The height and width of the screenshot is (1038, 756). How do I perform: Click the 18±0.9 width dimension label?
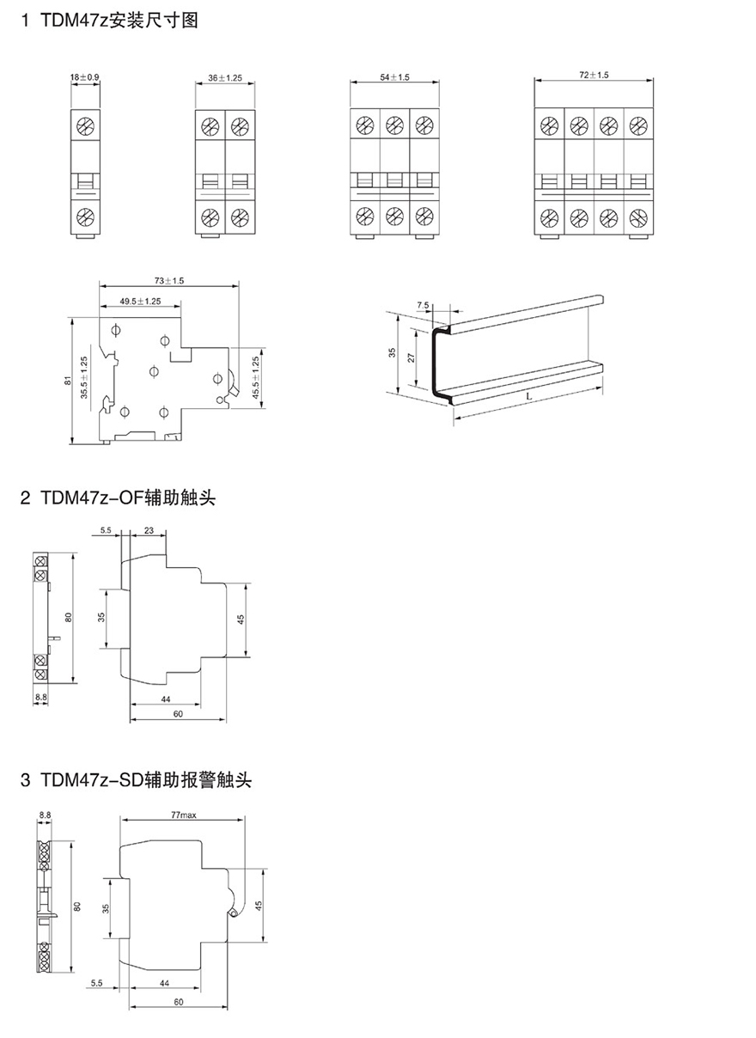point(85,77)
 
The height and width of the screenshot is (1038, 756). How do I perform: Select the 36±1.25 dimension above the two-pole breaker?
point(225,77)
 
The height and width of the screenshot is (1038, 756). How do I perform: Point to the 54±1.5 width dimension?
point(394,77)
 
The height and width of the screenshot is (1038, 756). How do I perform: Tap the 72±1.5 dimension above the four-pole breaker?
point(594,76)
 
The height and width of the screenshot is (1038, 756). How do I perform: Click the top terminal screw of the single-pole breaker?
point(85,127)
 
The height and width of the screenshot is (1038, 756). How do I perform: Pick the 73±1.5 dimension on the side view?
point(169,281)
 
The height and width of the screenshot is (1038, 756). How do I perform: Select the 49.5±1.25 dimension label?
point(139,302)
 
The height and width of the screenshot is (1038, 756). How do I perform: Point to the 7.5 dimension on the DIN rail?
point(423,305)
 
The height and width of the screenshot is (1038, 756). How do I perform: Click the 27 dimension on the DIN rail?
point(412,358)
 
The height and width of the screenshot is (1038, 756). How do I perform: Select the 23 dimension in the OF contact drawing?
point(149,532)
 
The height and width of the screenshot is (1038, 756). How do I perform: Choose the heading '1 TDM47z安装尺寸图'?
point(109,21)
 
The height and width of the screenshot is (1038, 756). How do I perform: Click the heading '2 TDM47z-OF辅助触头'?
point(118,498)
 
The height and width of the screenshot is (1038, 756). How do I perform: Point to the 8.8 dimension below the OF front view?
point(40,696)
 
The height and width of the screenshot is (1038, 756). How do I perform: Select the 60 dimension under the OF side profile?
point(177,714)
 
